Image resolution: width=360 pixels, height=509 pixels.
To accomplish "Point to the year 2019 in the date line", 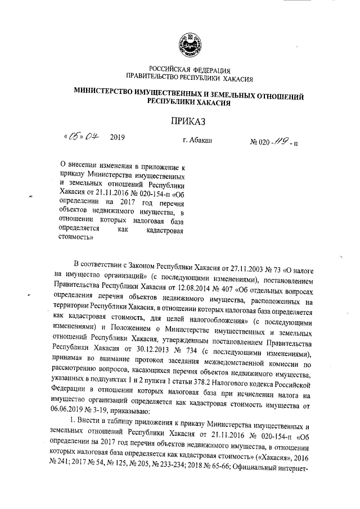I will (x=118, y=138).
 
